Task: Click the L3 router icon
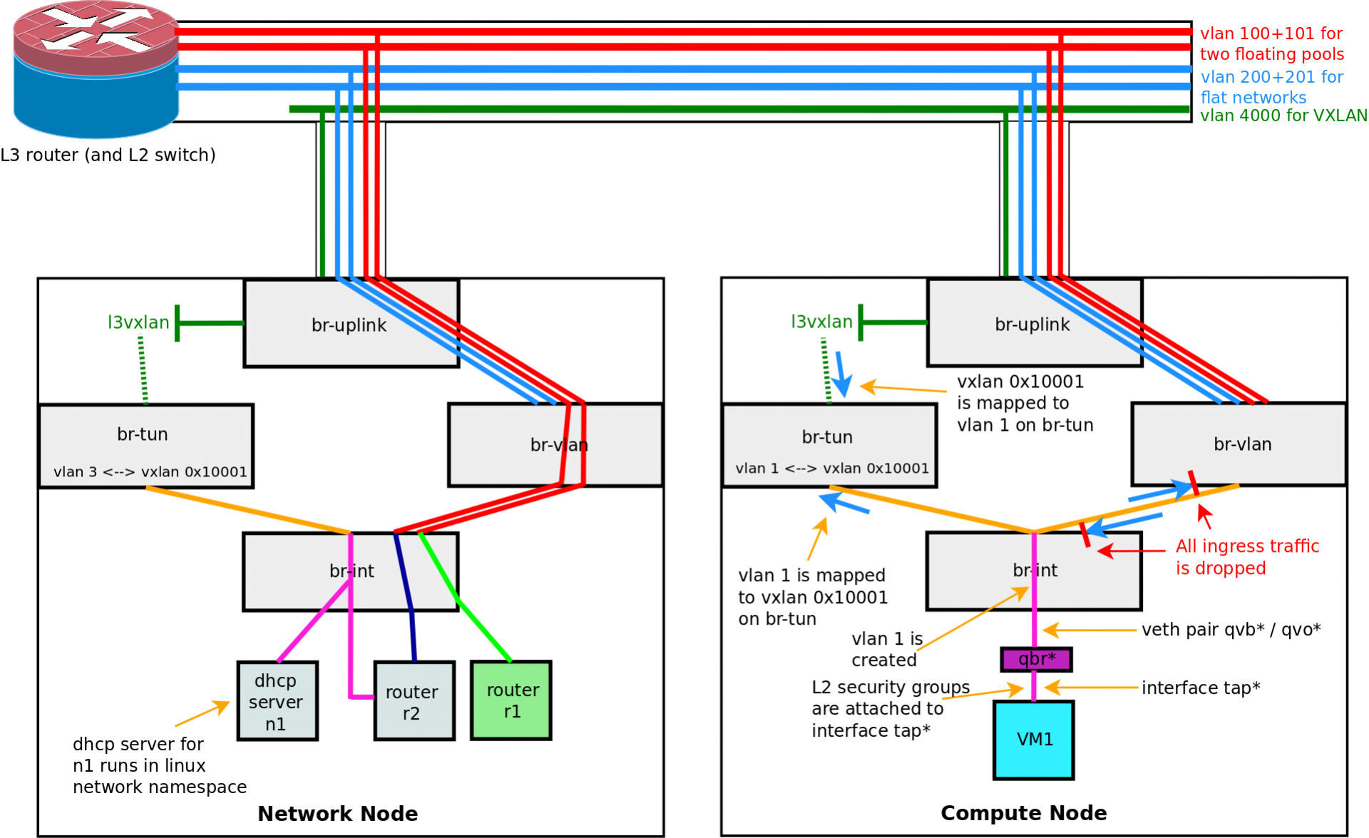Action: click(x=96, y=70)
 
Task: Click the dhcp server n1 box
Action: click(x=277, y=702)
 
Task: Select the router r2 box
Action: click(x=414, y=702)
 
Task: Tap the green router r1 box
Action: click(x=511, y=700)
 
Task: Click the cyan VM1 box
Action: click(x=1034, y=740)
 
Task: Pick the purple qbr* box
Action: click(x=1036, y=659)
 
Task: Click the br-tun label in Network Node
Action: click(x=143, y=434)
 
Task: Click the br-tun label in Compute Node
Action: click(x=827, y=436)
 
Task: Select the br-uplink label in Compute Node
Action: click(x=1032, y=325)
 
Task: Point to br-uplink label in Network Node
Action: click(x=349, y=325)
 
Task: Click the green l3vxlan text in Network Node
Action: click(x=138, y=322)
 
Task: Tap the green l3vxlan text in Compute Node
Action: click(x=821, y=322)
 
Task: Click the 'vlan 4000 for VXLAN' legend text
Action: click(x=1283, y=116)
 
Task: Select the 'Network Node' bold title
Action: click(x=337, y=814)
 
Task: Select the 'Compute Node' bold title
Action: click(x=1023, y=813)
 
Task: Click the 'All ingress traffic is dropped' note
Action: click(x=1246, y=557)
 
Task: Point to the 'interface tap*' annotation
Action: click(x=1201, y=688)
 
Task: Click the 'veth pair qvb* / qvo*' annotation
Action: click(x=1231, y=630)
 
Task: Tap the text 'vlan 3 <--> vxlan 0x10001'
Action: click(x=150, y=472)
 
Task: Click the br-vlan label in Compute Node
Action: click(x=1242, y=444)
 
